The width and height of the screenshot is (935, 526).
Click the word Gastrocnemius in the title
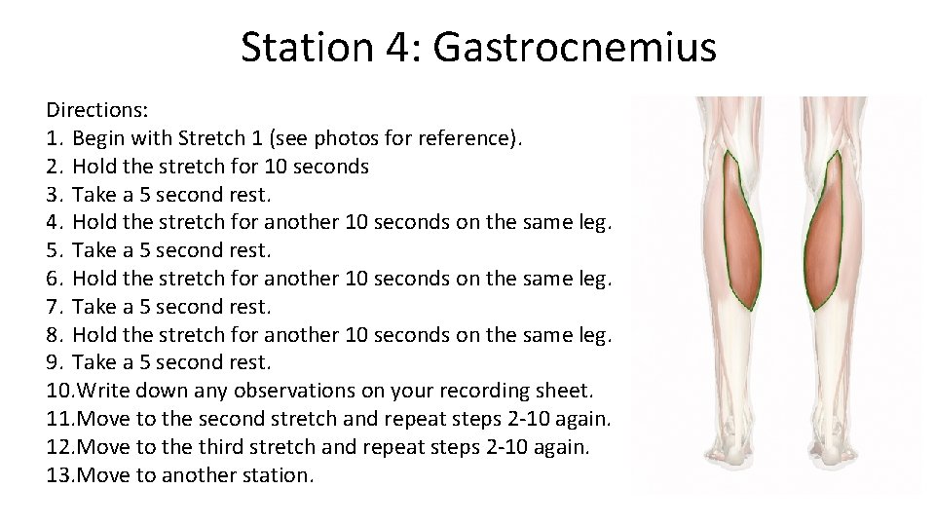(x=575, y=47)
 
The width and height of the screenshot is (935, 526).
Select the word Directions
(x=95, y=110)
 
